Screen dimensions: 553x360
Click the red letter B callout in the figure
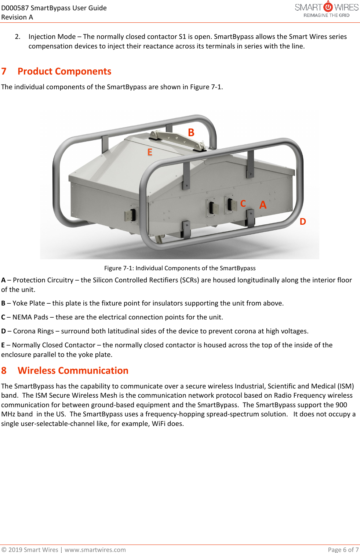point(191,133)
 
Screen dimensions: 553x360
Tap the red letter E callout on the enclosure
point(150,152)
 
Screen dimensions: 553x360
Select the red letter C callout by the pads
point(243,203)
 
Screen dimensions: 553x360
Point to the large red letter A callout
point(263,205)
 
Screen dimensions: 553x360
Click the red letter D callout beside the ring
point(303,221)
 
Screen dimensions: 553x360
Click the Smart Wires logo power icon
point(328,7)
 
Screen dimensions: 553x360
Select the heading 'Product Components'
point(64,71)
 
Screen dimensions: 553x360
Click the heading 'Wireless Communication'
point(73,371)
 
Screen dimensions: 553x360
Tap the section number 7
point(4,71)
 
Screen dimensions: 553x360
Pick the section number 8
point(4,371)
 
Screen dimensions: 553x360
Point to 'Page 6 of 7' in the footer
point(343,549)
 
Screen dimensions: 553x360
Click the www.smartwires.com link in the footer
point(95,549)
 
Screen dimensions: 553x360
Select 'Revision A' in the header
point(17,17)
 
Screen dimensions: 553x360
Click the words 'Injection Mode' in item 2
point(52,37)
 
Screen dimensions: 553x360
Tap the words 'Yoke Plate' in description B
point(29,303)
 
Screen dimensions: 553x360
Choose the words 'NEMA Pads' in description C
point(30,317)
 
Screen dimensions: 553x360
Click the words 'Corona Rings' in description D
point(33,331)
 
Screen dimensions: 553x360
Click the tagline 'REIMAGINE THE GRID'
point(326,15)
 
